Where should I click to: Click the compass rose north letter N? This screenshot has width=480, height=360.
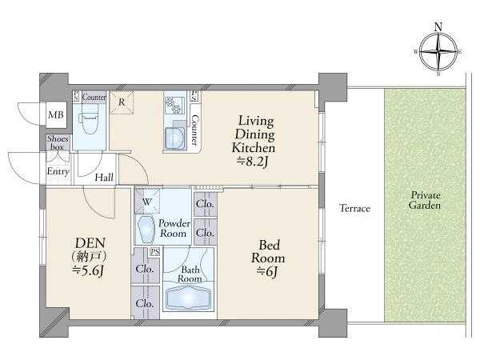coord(438,27)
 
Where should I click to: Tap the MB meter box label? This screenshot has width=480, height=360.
coord(56,115)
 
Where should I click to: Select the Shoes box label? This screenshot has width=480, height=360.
coord(58,142)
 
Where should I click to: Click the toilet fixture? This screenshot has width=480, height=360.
coord(89,119)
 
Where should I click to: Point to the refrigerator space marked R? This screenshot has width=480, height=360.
coord(122,102)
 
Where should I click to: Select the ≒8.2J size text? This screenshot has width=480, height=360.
coord(253,162)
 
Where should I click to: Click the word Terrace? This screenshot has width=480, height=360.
coord(354,209)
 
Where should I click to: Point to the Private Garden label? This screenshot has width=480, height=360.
coord(425,200)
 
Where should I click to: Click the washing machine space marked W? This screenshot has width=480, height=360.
coord(147,202)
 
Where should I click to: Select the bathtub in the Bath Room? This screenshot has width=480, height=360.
coord(188,298)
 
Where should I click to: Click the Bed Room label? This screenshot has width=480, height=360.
coord(268,252)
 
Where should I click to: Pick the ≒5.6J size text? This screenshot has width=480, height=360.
coord(88,270)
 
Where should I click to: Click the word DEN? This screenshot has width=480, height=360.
coord(90,243)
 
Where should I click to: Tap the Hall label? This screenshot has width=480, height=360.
coord(104,178)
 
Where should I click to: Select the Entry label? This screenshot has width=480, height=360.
coord(58,171)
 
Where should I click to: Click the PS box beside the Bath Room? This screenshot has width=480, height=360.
coord(155,252)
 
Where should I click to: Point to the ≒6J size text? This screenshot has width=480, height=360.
coord(268,271)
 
